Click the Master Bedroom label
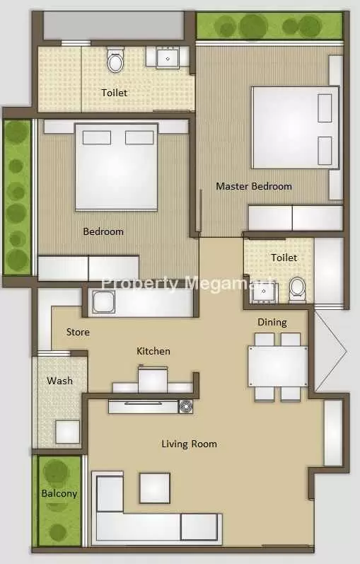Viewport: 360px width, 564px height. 253,186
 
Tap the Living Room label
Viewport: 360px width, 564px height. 189,444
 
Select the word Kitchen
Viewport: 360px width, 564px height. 153,351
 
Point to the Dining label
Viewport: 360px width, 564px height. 272,322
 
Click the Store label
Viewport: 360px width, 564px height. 78,332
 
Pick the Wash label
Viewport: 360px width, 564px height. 59,381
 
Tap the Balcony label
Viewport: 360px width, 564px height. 59,493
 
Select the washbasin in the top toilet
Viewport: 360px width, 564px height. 168,56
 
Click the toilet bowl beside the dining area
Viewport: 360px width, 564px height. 298,287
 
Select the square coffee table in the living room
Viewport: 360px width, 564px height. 154,487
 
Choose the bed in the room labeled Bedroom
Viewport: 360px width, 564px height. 116,166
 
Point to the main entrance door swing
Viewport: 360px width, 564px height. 330,350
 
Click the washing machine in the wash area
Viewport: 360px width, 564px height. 67,431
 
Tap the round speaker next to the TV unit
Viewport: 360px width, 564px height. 185,406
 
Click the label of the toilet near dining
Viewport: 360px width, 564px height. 284,258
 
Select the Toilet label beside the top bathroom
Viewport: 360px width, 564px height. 115,92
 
